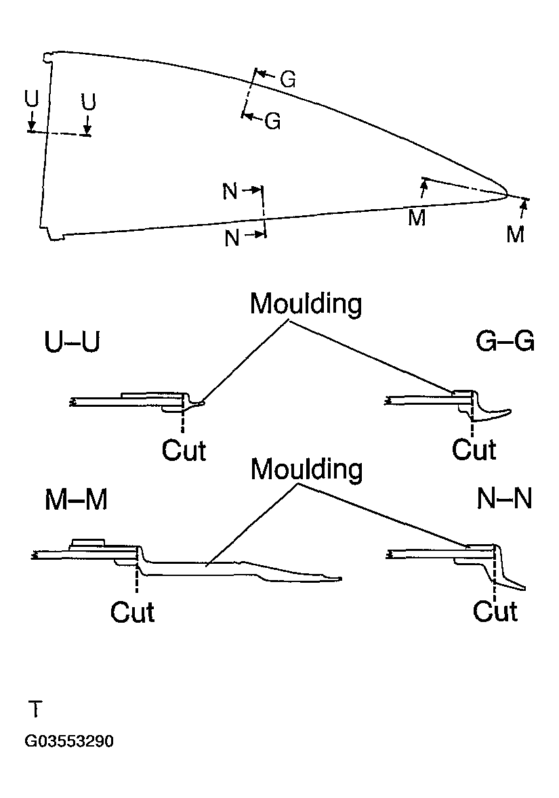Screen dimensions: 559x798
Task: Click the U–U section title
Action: tap(72, 342)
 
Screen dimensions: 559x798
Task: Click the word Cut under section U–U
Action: tap(184, 450)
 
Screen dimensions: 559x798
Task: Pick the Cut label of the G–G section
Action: tap(474, 449)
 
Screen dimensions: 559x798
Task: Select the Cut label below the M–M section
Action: tap(132, 612)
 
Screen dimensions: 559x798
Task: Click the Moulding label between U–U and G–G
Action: tap(306, 304)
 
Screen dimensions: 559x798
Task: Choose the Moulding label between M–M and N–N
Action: tap(307, 469)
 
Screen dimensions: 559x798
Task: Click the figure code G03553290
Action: tap(69, 741)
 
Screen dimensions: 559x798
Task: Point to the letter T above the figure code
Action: tap(35, 709)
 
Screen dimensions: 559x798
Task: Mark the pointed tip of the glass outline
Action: tap(507, 194)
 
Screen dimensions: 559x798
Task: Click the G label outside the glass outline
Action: tap(288, 80)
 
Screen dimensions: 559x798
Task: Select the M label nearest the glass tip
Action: tap(515, 234)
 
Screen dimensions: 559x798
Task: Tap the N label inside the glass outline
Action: tap(230, 192)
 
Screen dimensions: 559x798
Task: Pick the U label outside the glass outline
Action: tap(32, 99)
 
